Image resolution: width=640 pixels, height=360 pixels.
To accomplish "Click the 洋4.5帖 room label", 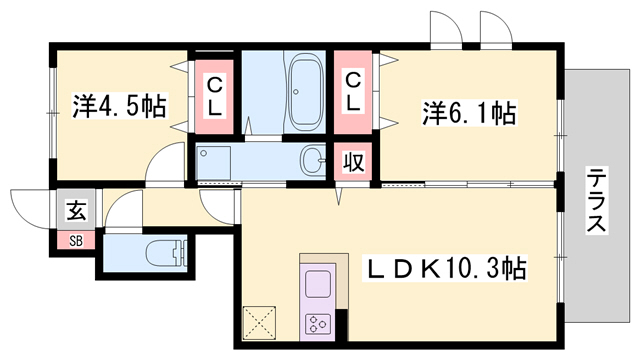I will point(119,104).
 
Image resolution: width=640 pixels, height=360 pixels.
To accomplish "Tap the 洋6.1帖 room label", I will point(469,113).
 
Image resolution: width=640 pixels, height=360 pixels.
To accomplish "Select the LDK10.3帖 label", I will point(444,268).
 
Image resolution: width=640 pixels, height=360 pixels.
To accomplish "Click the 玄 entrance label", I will point(76,210).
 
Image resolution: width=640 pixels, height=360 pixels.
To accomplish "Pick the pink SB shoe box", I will point(76,239).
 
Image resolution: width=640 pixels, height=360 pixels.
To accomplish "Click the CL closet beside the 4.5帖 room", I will point(215,92).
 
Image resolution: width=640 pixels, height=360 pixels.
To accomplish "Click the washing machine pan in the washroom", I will point(216,160).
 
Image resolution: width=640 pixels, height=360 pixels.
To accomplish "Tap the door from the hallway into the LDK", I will point(217,206).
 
